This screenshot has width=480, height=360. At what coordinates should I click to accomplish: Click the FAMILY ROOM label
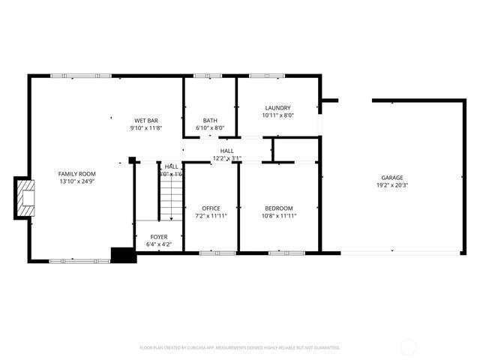(77, 174)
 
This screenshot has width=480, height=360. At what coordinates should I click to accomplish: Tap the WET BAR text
(145, 121)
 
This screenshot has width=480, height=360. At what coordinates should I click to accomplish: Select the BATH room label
(210, 121)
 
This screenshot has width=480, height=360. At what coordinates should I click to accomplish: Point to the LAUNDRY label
(277, 108)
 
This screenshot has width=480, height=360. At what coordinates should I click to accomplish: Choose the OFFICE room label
(211, 208)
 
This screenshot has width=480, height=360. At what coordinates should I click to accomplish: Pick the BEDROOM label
(278, 208)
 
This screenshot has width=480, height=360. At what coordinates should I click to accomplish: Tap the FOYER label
(158, 237)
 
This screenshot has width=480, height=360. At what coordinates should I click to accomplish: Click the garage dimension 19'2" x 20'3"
(392, 186)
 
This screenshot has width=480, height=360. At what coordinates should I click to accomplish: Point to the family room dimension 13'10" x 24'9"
(77, 181)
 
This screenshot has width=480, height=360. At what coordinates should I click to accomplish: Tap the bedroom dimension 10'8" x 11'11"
(278, 215)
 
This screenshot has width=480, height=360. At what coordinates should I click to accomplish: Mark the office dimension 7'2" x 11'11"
(211, 215)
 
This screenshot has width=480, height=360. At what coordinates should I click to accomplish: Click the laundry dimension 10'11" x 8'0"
(277, 115)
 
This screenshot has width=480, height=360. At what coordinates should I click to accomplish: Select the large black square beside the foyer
(121, 255)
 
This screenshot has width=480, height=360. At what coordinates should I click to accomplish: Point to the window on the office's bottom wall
(210, 253)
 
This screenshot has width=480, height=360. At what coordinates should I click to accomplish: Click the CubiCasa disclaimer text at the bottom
(240, 348)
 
